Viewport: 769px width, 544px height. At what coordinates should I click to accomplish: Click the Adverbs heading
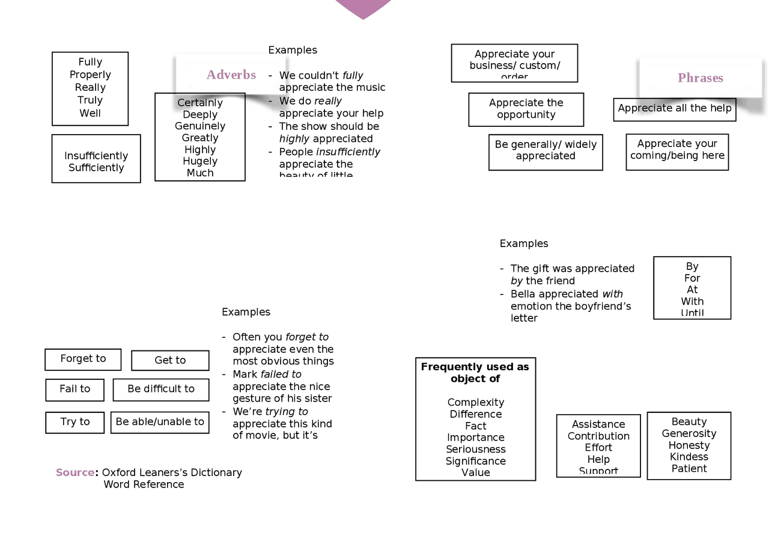[231, 75]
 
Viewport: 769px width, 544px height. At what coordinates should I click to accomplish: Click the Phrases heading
[701, 78]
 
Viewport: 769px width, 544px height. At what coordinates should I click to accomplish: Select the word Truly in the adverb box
[90, 100]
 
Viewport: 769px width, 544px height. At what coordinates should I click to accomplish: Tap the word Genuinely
[200, 126]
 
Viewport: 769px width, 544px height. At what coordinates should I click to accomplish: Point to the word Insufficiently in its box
[96, 156]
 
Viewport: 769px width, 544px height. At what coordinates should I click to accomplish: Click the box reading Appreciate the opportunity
[526, 109]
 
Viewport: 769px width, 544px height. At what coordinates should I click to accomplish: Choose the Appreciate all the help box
[675, 108]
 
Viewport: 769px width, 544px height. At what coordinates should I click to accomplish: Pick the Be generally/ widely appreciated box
[546, 150]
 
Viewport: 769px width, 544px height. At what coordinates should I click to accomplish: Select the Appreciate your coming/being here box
[677, 149]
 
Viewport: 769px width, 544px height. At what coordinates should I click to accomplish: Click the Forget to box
[83, 359]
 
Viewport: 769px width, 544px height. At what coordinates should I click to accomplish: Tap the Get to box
[170, 360]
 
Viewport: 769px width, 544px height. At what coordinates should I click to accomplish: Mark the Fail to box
[74, 389]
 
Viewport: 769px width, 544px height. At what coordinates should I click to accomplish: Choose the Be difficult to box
[161, 389]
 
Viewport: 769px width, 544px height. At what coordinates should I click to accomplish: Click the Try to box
[74, 422]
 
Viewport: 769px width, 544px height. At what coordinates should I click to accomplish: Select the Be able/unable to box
[160, 422]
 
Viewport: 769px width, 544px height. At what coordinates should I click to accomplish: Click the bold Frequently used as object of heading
[475, 373]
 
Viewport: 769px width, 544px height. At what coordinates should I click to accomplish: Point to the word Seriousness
[476, 449]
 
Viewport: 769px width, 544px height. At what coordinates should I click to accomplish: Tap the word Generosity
[689, 433]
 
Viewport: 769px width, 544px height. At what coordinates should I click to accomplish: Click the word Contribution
[598, 436]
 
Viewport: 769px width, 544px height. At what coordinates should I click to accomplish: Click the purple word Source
[75, 472]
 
